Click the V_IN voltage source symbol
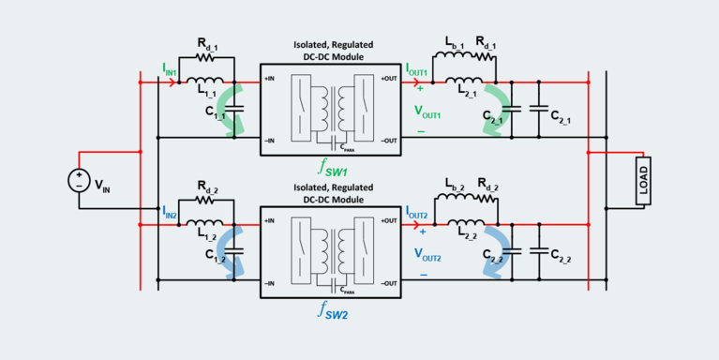pos(79,180)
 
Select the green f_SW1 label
pos(333,170)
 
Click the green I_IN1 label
pos(171,68)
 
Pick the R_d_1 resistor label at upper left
pos(208,45)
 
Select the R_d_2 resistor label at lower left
pos(208,187)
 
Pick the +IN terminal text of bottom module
pos(273,221)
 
